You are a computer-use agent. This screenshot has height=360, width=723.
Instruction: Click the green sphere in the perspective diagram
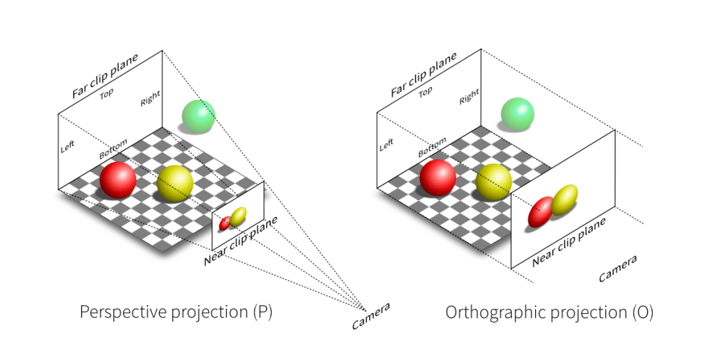(198, 116)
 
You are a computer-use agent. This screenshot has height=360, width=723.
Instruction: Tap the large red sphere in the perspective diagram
(118, 180)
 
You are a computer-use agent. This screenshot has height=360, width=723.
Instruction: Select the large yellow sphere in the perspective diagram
(176, 183)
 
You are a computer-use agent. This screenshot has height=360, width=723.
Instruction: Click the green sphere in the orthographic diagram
(518, 115)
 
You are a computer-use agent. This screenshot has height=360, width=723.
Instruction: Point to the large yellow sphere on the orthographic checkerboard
(495, 181)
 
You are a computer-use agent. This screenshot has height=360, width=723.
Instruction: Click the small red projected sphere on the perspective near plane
(225, 223)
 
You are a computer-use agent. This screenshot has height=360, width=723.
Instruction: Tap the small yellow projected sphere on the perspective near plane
(238, 215)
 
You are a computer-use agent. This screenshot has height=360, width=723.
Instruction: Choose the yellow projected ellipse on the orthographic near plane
(565, 200)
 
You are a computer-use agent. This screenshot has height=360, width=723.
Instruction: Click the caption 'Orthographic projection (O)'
(549, 312)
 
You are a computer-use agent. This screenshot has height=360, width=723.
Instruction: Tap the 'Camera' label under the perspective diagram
(371, 316)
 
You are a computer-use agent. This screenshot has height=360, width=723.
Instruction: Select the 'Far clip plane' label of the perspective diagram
(115, 75)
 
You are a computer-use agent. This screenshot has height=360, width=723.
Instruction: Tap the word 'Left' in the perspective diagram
(67, 146)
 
